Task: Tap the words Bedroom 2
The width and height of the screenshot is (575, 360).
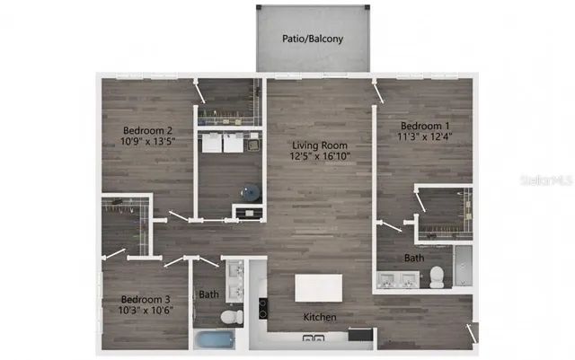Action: [147, 130]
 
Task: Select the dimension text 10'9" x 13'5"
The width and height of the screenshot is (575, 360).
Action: [147, 142]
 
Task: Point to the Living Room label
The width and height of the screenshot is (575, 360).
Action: [319, 145]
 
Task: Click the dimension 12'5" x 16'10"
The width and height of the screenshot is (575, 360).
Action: [319, 156]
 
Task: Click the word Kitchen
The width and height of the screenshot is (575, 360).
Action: [319, 318]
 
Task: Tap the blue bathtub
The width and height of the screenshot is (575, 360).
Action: [214, 340]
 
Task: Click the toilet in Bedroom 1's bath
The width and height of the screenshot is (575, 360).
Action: [437, 277]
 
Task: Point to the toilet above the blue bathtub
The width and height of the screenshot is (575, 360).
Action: [230, 317]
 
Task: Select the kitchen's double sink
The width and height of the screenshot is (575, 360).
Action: [314, 338]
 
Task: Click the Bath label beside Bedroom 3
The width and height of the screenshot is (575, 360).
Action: [208, 294]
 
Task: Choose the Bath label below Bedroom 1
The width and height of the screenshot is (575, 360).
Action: [414, 259]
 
